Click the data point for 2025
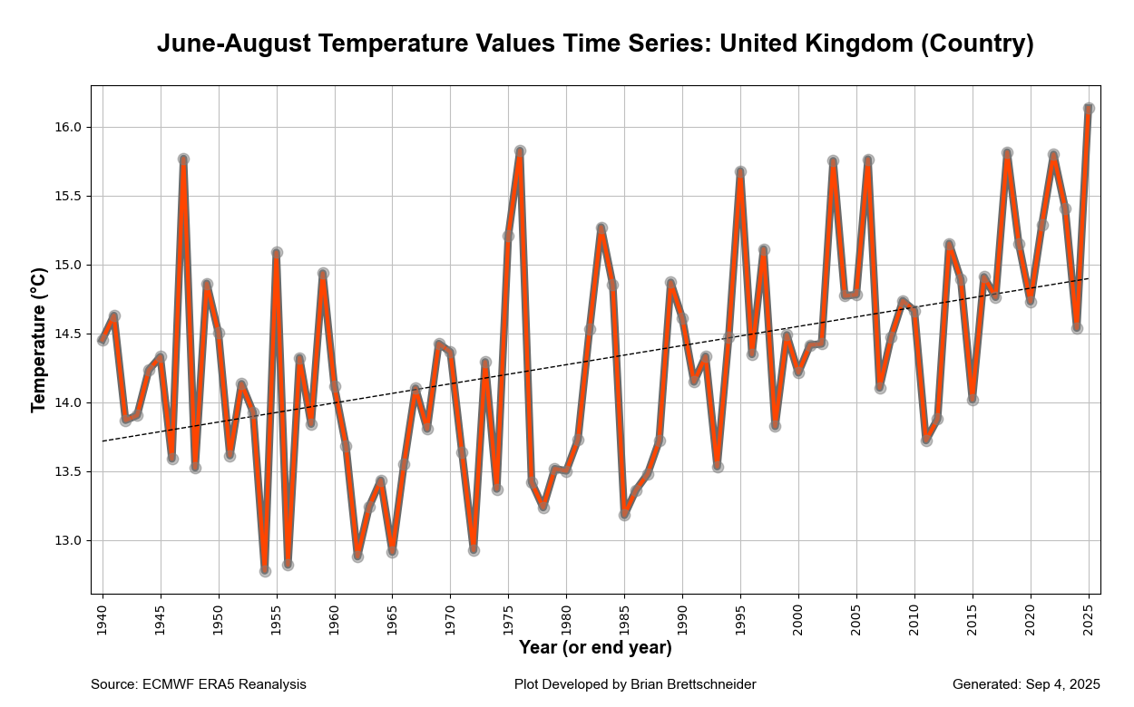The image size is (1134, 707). click(1089, 109)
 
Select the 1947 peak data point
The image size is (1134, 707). click(183, 160)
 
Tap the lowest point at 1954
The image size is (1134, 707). click(265, 571)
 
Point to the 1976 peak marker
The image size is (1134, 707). click(520, 151)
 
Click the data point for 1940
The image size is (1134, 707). click(103, 340)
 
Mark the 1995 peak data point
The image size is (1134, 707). click(740, 172)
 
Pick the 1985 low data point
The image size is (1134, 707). click(624, 515)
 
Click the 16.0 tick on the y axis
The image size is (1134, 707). click(68, 128)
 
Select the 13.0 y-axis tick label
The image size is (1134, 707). click(68, 541)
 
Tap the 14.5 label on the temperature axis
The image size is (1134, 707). click(68, 334)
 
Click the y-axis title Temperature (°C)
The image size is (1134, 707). click(38, 340)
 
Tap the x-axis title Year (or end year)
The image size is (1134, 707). click(595, 648)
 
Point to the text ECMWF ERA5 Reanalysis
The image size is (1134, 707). click(224, 684)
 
